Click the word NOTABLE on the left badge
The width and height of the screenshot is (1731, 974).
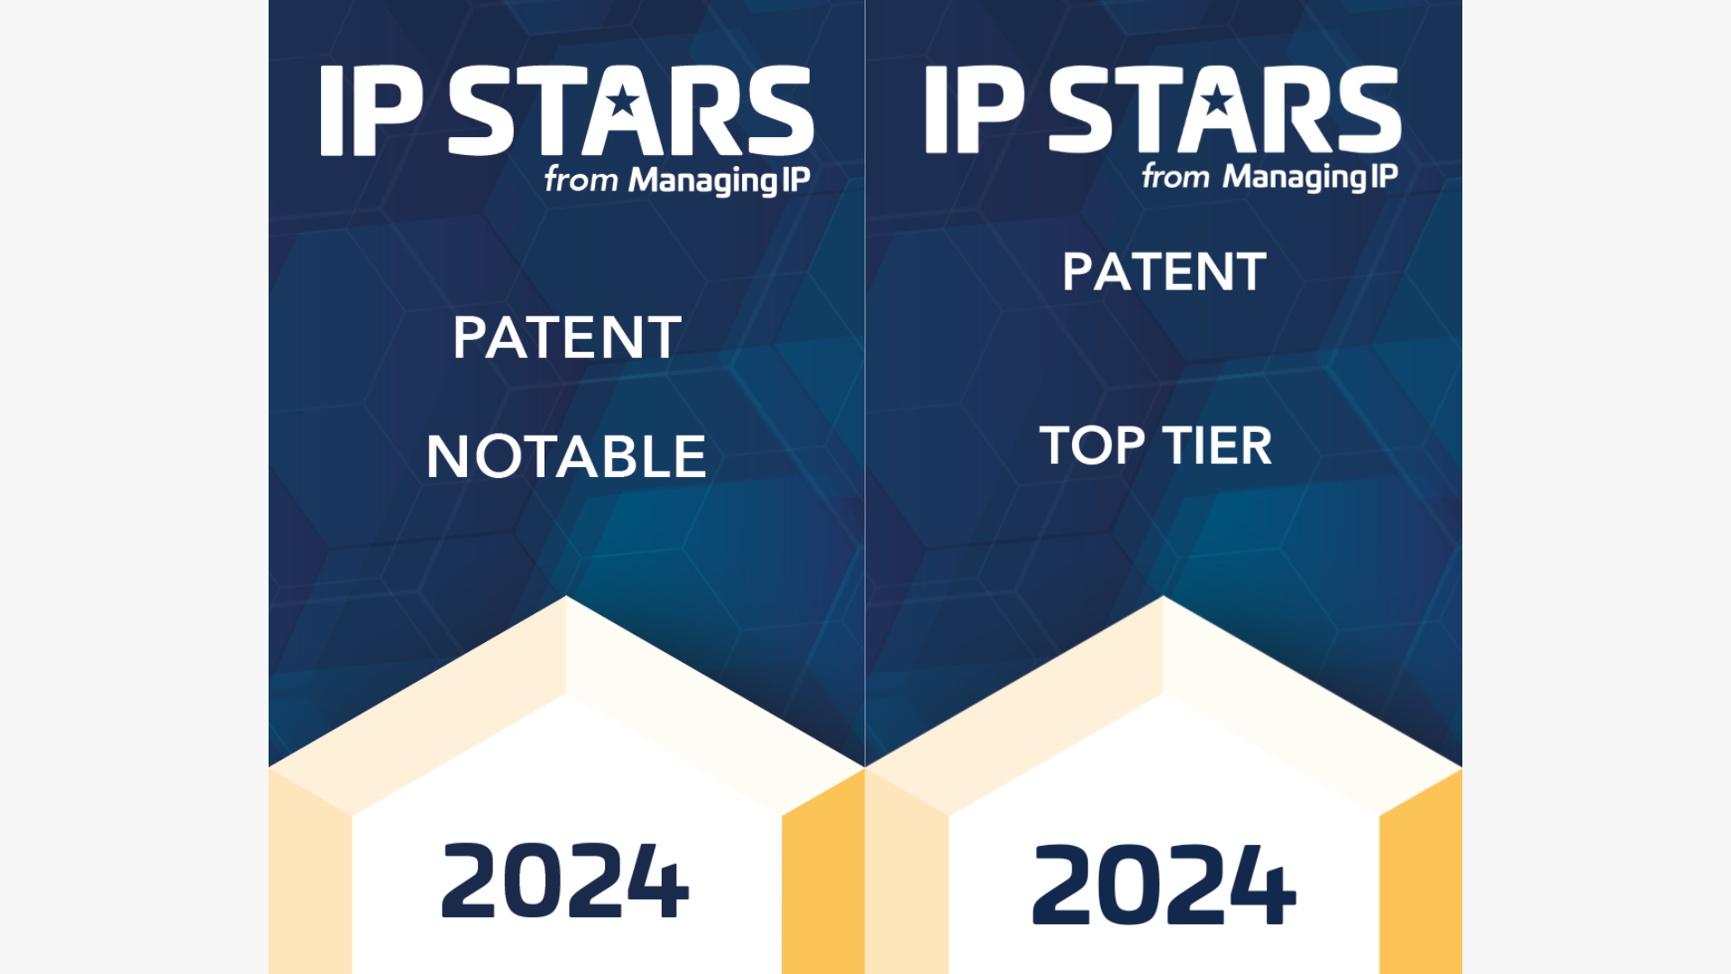pos(566,456)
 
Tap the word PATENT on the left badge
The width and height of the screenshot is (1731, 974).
pos(567,337)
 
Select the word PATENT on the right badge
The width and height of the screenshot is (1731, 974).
pos(1164,271)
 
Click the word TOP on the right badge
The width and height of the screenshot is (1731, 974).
pos(1092,446)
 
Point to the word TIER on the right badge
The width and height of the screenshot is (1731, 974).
pos(1217,446)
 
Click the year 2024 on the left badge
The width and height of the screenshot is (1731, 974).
pos(565,880)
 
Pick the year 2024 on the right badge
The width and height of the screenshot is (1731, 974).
pos(1164,884)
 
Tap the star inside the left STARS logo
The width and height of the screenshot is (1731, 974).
pos(623,101)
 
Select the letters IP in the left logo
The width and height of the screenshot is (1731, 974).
pos(371,110)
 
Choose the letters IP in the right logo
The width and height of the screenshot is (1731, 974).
pos(975,108)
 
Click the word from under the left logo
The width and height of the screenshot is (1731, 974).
pos(582,179)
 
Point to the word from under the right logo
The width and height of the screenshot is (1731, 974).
pos(1176,175)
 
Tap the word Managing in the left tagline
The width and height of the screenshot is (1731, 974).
pos(704,180)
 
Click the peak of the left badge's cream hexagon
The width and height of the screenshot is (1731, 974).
pos(566,596)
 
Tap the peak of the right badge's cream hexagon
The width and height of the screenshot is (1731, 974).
pos(1163,596)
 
